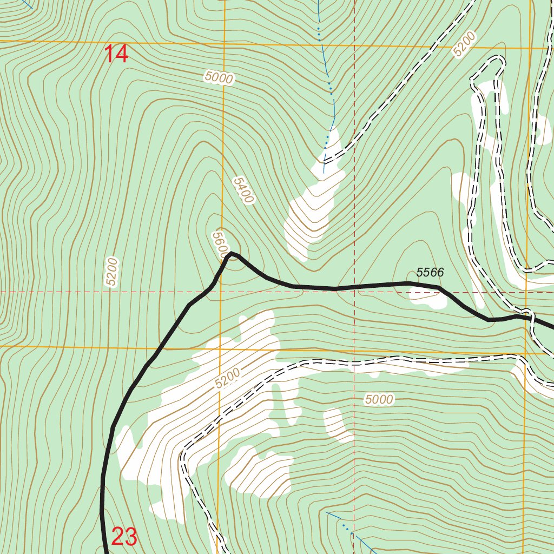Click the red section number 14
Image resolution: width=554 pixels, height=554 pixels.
tap(116, 55)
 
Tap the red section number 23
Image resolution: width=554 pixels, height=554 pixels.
tap(124, 537)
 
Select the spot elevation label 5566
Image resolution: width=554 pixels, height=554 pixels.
tap(430, 273)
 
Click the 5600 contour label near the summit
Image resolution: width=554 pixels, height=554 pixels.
tap(220, 243)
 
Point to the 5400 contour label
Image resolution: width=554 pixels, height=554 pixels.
tap(243, 190)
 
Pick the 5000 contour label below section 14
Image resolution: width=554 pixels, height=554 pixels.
tap(219, 78)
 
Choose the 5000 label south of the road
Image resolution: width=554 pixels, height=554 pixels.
tap(379, 400)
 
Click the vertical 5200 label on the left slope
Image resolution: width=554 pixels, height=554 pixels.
tap(111, 272)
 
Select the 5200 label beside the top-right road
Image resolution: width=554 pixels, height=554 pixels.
tap(464, 44)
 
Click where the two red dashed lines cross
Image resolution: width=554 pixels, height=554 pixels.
tap(354, 292)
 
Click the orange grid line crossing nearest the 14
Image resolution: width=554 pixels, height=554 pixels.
tap(223, 43)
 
